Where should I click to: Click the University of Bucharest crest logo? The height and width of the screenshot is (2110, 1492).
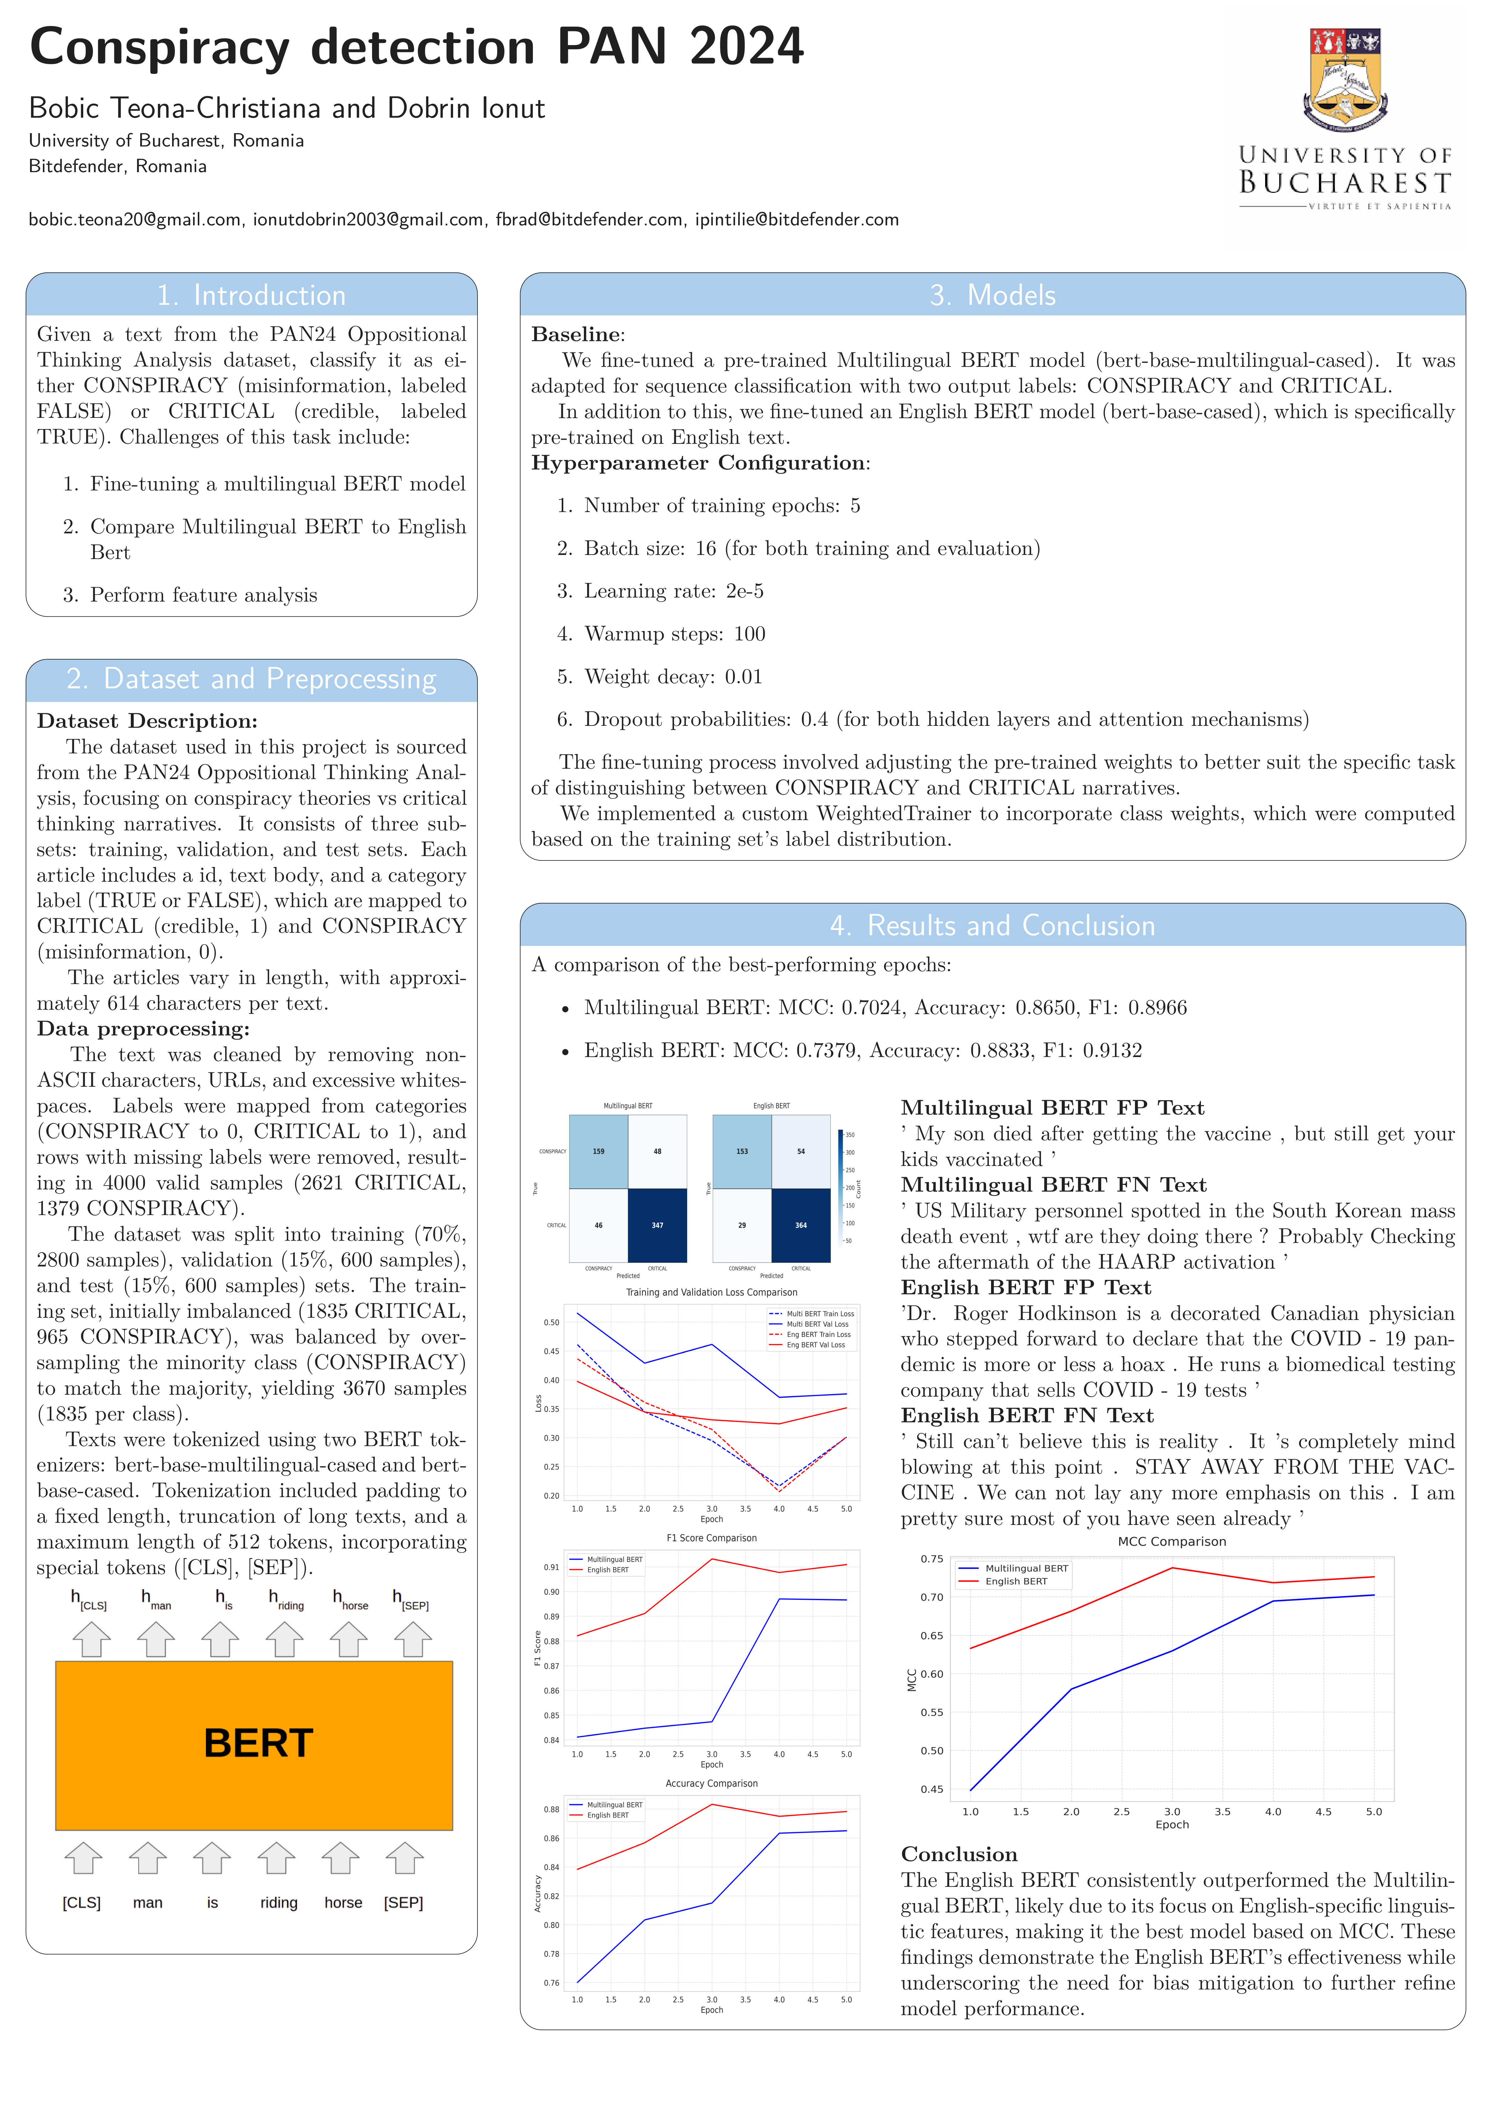[x=1345, y=81]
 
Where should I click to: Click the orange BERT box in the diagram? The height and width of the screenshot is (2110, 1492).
[x=254, y=1744]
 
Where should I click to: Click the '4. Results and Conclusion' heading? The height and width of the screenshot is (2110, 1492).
[x=992, y=926]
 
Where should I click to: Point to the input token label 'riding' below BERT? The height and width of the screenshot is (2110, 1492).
[x=278, y=1902]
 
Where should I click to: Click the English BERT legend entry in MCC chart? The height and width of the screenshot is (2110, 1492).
[x=1015, y=1582]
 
